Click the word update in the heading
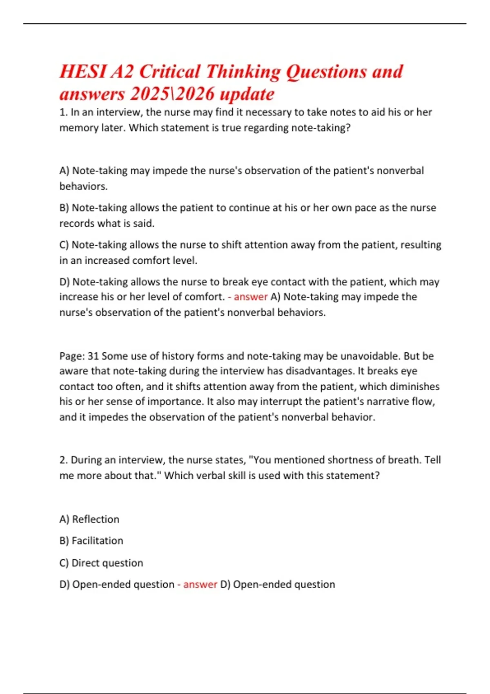pos(247,95)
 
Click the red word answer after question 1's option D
pos(250,297)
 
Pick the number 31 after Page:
pos(94,356)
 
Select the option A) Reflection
pos(89,519)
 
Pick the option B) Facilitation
pos(91,541)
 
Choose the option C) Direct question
pos(101,563)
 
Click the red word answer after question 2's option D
pos(200,585)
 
